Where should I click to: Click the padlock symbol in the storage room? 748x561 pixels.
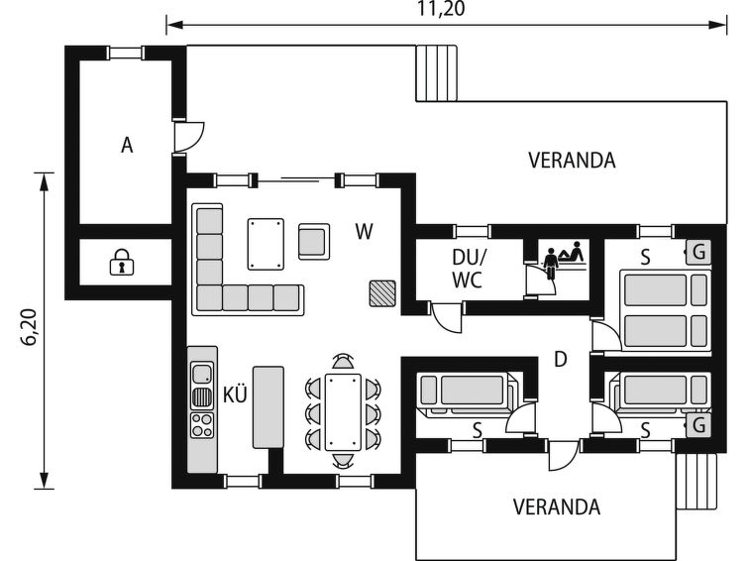tap(122, 262)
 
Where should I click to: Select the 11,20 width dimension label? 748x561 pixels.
tap(441, 9)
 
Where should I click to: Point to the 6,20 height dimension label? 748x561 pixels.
tap(30, 327)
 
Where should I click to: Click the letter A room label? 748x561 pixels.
tap(127, 145)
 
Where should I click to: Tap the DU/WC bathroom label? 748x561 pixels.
tap(468, 269)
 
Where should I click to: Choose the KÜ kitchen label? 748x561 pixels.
tap(235, 394)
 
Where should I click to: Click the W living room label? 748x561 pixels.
tap(364, 232)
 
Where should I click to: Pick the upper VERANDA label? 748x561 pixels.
tap(572, 161)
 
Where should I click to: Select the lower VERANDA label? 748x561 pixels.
tap(557, 507)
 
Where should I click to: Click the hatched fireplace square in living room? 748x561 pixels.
tap(382, 293)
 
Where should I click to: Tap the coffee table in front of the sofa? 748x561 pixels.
tap(266, 244)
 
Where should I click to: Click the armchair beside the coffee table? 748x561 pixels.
tap(314, 242)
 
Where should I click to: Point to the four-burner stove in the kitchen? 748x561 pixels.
tap(202, 425)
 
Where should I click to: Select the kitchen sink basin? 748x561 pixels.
tap(202, 373)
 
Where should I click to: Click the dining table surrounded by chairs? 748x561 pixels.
tap(343, 412)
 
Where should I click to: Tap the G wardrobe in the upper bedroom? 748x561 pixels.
tap(698, 252)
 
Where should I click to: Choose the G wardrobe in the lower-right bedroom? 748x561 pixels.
tap(698, 425)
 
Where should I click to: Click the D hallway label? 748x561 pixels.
tap(561, 359)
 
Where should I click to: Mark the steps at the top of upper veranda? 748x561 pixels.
tap(437, 73)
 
